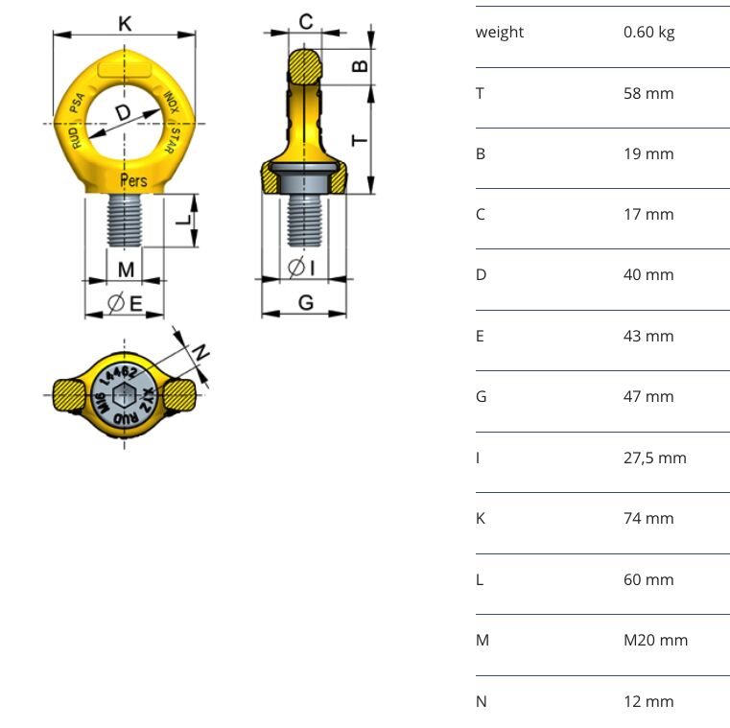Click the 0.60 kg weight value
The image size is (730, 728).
pos(648,33)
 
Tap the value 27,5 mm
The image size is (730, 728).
pos(654,458)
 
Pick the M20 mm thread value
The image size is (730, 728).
pos(655,640)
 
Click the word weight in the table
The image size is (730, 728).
pos(500,33)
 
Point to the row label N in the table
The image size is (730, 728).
pos(481,701)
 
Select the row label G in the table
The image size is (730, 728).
pos(481,396)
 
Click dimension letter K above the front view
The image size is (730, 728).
pos(125,23)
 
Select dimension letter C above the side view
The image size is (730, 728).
pos(305,22)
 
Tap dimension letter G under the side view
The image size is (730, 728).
pos(305,303)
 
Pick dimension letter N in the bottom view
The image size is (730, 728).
pos(200,353)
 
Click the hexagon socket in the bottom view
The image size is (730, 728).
pos(124,395)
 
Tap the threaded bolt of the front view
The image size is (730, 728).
pos(124,220)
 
